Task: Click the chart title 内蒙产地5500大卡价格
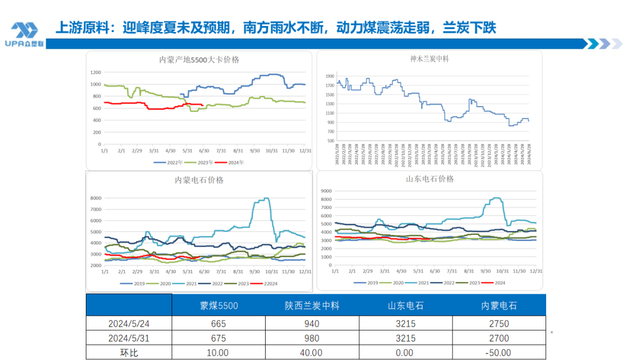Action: (x=199, y=60)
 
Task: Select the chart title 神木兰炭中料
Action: (x=429, y=59)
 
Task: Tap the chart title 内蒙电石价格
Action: (x=199, y=180)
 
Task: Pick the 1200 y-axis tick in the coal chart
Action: (x=95, y=72)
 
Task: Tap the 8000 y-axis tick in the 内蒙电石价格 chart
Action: (x=95, y=198)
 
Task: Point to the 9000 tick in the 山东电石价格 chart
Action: (x=326, y=191)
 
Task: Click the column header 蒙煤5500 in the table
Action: (x=218, y=306)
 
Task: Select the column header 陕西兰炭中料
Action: (x=312, y=306)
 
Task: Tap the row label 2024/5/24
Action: (x=128, y=324)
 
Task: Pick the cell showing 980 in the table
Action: (x=312, y=339)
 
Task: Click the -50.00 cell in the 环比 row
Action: (x=498, y=353)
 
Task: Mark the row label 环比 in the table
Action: (x=128, y=353)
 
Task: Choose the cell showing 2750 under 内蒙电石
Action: (x=498, y=324)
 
